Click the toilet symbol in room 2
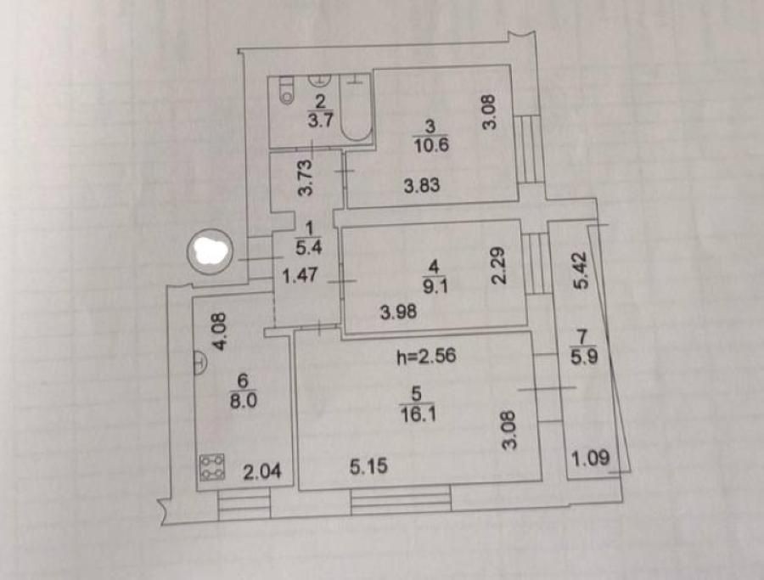(287, 90)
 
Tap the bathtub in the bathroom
(357, 107)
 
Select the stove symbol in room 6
(212, 467)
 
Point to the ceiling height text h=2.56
(427, 357)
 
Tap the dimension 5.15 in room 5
(369, 466)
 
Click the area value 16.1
(418, 414)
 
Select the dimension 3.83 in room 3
(422, 185)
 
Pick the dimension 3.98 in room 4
(399, 312)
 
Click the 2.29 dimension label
(498, 265)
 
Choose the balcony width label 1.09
(590, 459)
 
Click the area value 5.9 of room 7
(584, 358)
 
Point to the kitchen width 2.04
(262, 472)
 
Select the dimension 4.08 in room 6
(219, 331)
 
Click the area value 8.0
(243, 401)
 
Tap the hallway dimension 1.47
(301, 276)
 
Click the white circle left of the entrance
(211, 251)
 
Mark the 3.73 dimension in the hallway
(305, 177)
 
